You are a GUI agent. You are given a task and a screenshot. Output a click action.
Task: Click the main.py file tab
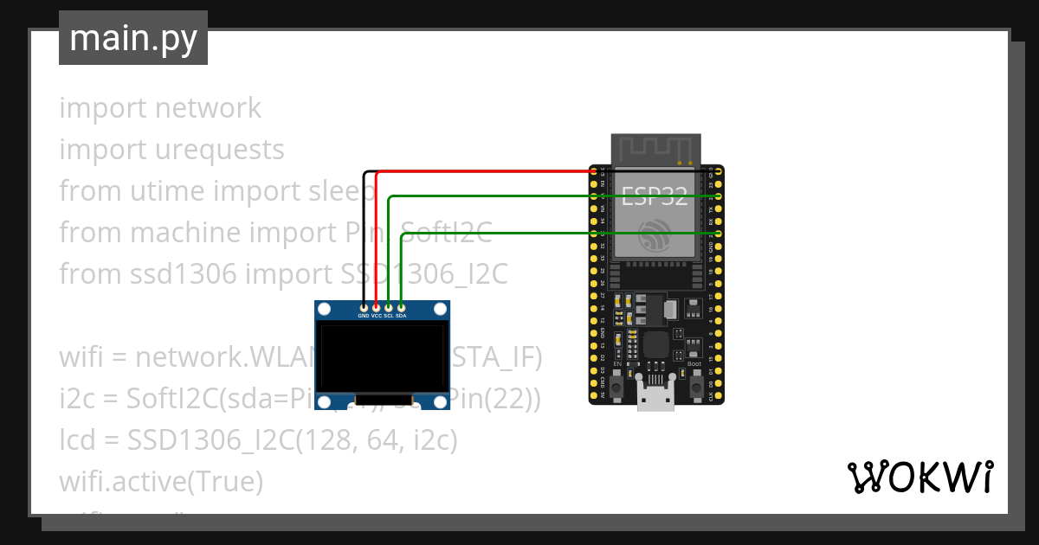coord(132,38)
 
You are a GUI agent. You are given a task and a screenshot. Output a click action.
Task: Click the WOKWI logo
coord(919,477)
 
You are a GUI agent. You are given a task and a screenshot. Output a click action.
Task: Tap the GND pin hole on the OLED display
coord(364,307)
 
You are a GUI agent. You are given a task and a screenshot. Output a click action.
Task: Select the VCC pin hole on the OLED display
coord(376,307)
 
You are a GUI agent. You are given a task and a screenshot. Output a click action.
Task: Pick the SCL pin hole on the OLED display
coord(389,307)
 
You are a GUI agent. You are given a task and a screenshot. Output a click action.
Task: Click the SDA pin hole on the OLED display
coord(401,307)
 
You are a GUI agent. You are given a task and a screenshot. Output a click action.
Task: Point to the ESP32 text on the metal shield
coord(655,196)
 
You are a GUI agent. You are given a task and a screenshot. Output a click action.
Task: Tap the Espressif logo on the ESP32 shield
coord(655,234)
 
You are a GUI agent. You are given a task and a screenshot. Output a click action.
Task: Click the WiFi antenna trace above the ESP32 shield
coord(655,148)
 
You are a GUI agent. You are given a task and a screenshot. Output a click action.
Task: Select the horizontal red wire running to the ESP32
coord(485,171)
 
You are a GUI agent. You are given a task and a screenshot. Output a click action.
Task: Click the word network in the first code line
coord(208,108)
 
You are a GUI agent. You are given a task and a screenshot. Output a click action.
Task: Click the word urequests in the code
coord(219,150)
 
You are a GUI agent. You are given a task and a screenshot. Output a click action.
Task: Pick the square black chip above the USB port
coord(655,347)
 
